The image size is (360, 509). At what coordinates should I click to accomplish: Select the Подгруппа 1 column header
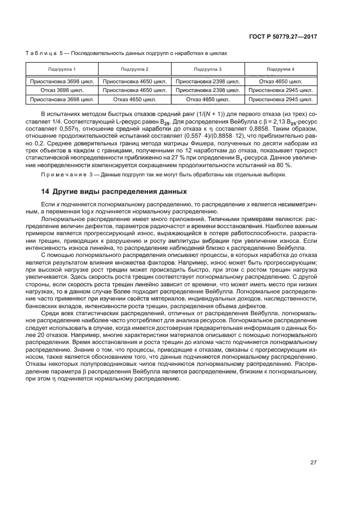[x=62, y=70]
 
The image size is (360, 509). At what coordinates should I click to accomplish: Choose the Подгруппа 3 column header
[x=208, y=70]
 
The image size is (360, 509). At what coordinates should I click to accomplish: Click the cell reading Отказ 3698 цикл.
[x=62, y=90]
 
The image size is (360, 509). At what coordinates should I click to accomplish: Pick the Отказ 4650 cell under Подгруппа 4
[x=280, y=81]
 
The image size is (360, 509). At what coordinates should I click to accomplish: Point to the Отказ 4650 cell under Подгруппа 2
[x=135, y=100]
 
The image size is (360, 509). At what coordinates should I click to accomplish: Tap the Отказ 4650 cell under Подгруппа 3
[x=208, y=100]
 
